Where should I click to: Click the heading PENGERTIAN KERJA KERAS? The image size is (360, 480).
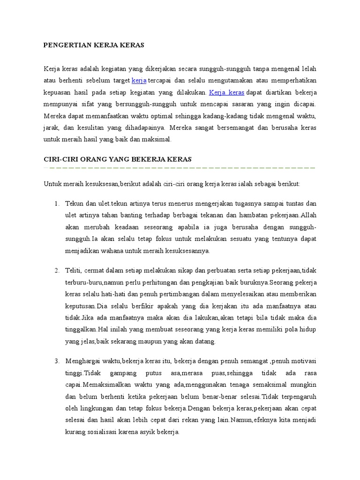94,45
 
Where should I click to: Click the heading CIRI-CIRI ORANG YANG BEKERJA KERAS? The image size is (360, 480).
117,159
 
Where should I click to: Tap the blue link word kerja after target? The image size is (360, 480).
139,80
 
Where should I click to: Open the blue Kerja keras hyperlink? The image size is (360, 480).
226,92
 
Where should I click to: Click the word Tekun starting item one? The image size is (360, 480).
74,204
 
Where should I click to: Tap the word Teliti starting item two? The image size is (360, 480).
74,271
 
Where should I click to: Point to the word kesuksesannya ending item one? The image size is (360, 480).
187,251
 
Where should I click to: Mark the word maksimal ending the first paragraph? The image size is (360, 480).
158,139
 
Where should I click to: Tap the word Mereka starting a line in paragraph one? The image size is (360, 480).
53,116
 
